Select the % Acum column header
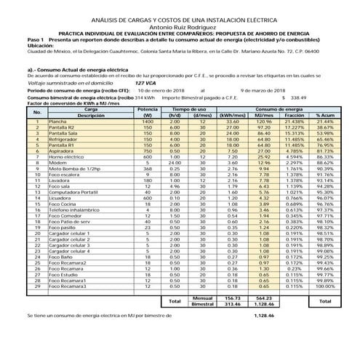(x=324, y=116)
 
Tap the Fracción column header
(x=294, y=116)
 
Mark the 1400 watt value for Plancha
(x=148, y=121)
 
